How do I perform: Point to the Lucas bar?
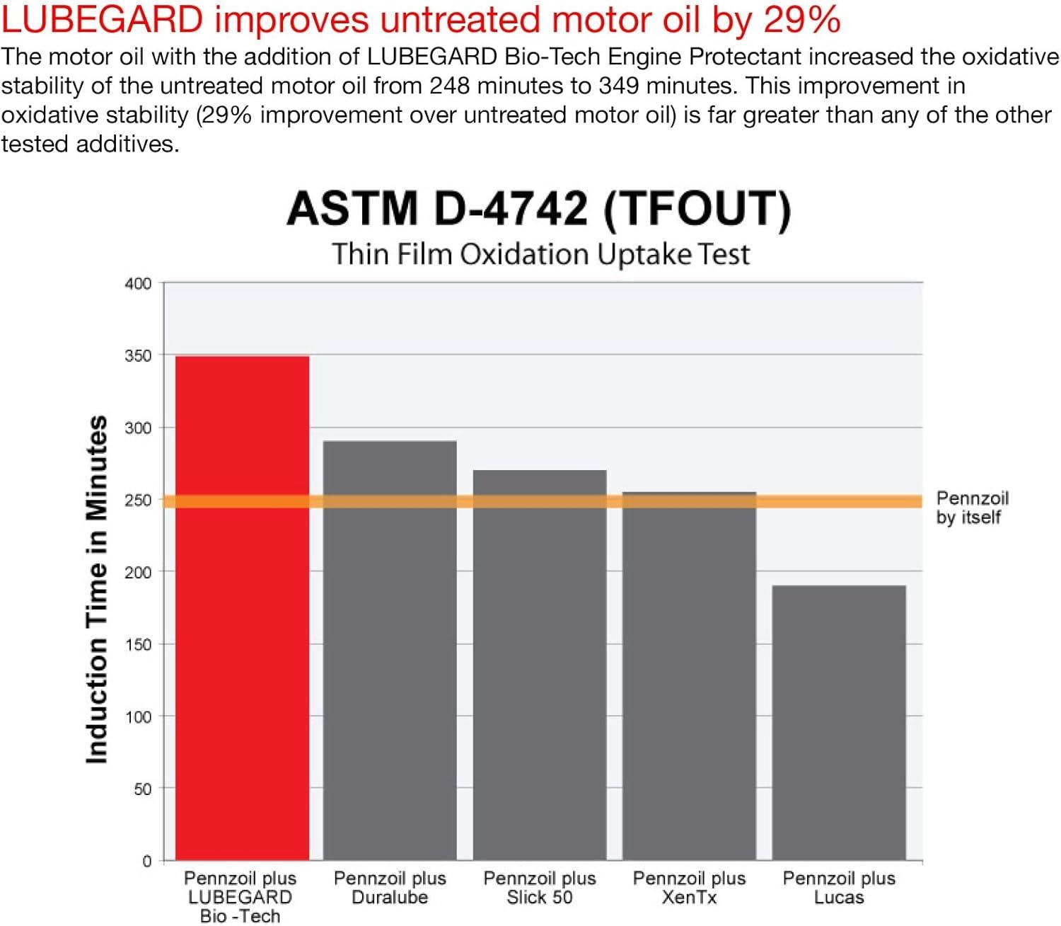839,722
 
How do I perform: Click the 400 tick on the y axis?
138,284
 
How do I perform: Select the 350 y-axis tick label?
138,355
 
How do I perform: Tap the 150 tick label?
138,644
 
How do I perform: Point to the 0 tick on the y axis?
146,861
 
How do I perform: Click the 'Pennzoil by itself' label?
972,508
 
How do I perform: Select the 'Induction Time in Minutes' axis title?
97,589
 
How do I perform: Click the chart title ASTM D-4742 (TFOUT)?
539,209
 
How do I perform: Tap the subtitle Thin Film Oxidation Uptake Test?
540,254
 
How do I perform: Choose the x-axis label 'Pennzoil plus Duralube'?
390,888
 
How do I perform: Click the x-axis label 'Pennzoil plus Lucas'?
839,888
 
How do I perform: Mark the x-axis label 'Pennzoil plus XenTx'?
689,888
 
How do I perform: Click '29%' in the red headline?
801,19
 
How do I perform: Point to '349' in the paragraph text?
618,86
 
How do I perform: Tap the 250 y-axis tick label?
138,500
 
